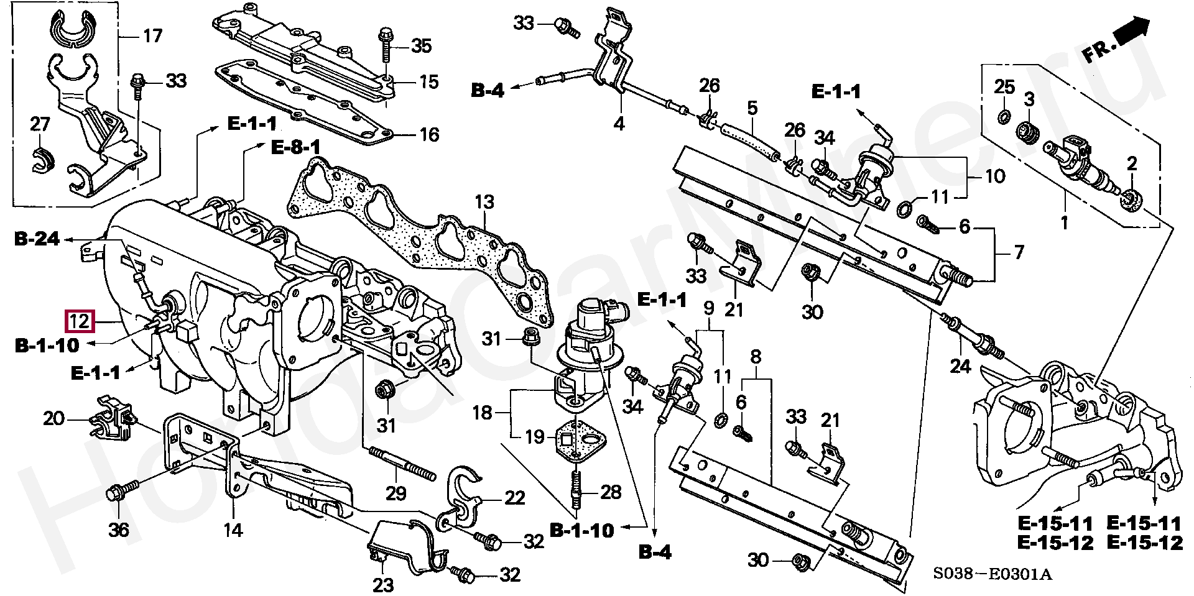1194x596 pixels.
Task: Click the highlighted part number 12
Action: [80, 321]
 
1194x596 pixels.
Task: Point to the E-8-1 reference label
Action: [295, 148]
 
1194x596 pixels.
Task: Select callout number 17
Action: [152, 36]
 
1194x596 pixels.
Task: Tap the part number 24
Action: [960, 367]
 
